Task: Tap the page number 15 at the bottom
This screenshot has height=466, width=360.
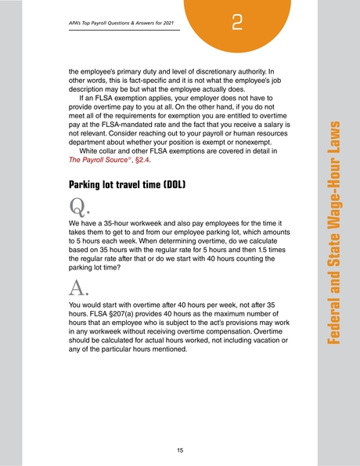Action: pos(180,450)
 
